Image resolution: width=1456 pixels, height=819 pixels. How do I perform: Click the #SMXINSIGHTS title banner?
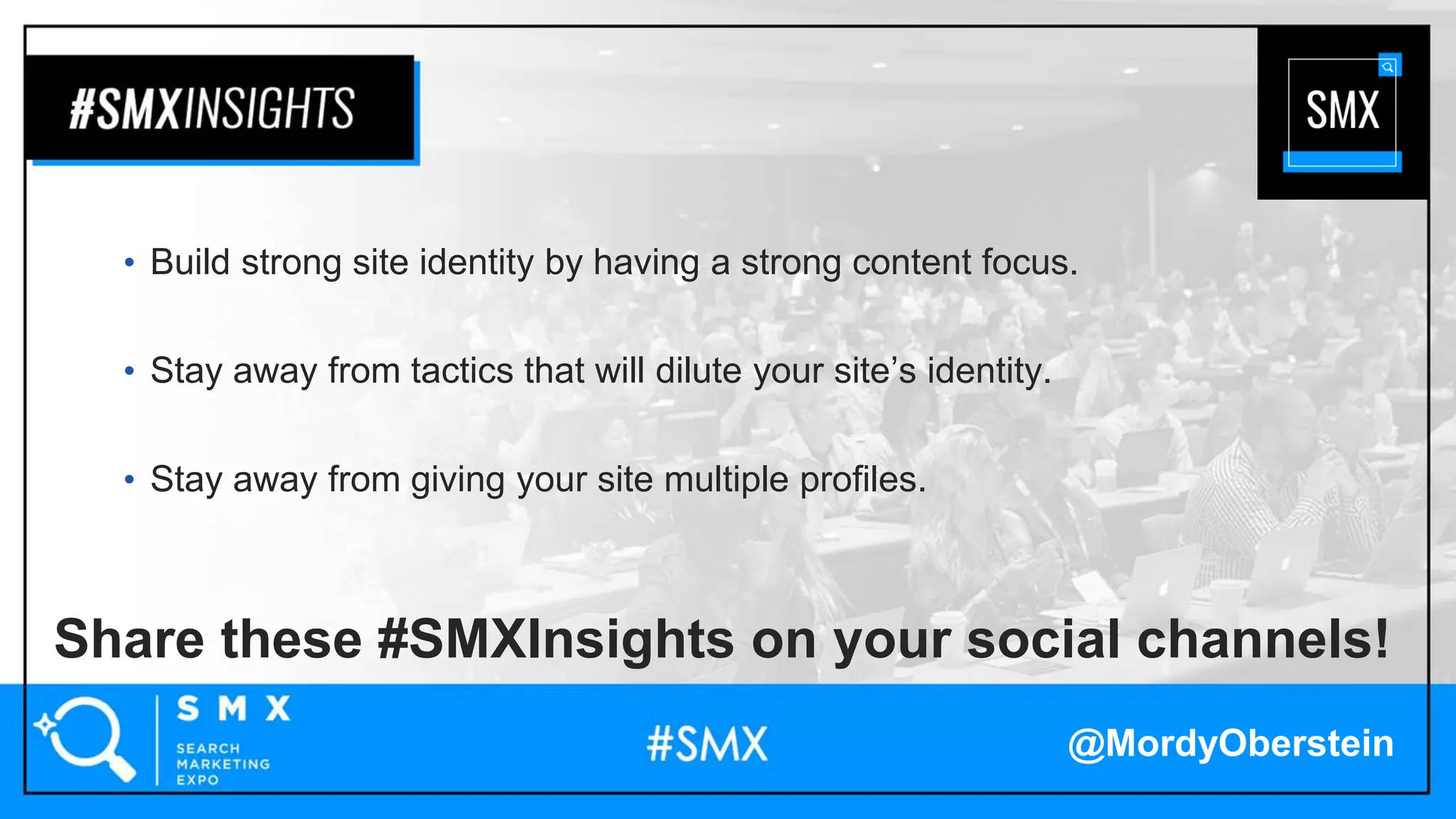pos(212,108)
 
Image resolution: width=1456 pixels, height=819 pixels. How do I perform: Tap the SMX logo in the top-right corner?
pos(1342,112)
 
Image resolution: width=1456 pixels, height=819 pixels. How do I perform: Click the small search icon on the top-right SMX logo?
pos(1387,67)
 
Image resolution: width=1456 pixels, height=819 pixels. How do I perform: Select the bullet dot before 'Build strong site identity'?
pos(129,263)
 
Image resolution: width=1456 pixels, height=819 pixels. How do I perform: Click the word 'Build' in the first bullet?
pos(190,262)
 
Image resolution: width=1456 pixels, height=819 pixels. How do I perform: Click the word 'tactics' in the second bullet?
pos(462,370)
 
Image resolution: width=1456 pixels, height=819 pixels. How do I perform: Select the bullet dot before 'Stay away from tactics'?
pos(129,371)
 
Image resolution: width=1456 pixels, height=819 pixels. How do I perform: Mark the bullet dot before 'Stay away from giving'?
pos(129,480)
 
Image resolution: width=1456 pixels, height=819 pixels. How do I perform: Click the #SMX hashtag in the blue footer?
pos(707,744)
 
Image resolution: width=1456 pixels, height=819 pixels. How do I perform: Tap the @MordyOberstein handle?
pos(1231,744)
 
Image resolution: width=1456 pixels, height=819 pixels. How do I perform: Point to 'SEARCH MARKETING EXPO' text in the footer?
pos(223,764)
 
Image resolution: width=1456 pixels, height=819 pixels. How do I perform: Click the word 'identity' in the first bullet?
pos(476,262)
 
